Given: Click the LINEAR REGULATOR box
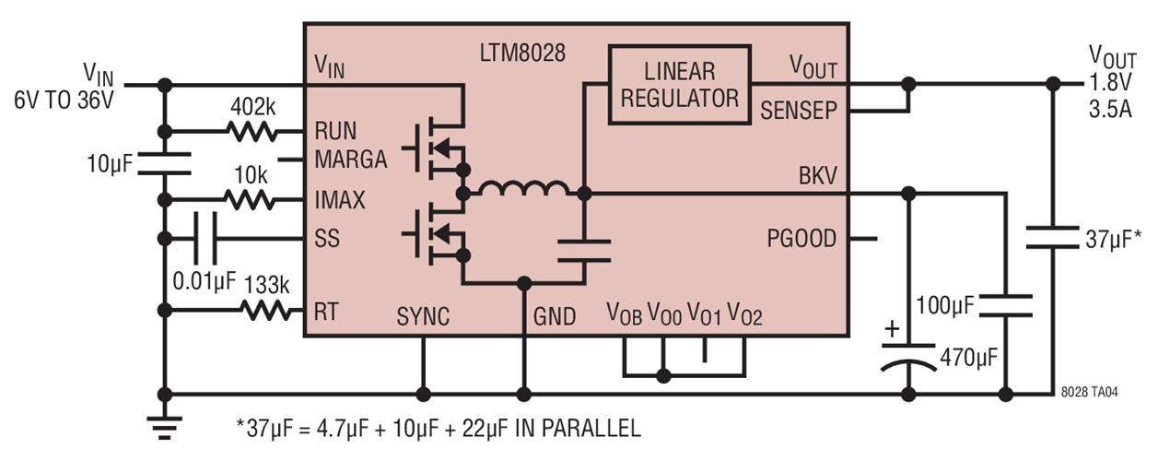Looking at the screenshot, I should (x=680, y=84).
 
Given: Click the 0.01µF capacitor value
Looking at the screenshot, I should (x=204, y=278).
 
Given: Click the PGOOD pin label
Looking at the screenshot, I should (x=801, y=239).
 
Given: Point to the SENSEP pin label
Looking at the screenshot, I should (x=799, y=112).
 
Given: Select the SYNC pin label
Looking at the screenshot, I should (x=423, y=317).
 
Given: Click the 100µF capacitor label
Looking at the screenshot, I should (x=947, y=301).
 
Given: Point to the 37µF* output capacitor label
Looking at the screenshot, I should (x=1112, y=241).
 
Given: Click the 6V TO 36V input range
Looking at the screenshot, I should (x=63, y=99).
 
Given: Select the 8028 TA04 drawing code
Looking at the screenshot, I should (x=1091, y=392).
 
